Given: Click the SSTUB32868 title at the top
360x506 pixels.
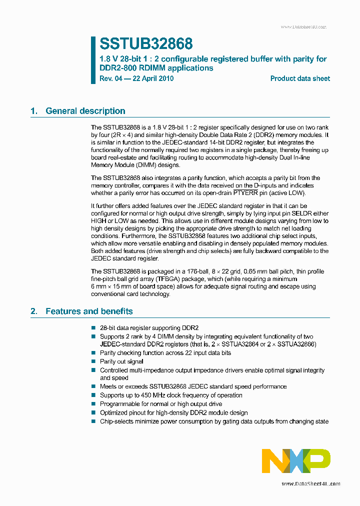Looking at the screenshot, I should (146, 44).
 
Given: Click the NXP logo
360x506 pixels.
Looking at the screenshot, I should (296, 461).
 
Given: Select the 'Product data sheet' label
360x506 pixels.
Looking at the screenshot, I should (300, 78).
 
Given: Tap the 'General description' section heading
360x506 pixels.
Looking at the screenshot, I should (85, 111).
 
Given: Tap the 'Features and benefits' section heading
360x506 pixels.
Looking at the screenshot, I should (89, 311).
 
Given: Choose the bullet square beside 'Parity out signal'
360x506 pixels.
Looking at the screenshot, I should (93, 361).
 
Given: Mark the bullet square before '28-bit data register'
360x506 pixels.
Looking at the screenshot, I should (93, 328).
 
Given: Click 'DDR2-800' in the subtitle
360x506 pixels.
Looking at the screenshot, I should (116, 68).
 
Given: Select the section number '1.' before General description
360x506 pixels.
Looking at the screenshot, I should (34, 111).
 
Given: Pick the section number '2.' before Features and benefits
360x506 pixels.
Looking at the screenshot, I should (34, 311).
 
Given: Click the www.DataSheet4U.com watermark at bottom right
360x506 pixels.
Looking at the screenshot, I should (311, 484).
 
